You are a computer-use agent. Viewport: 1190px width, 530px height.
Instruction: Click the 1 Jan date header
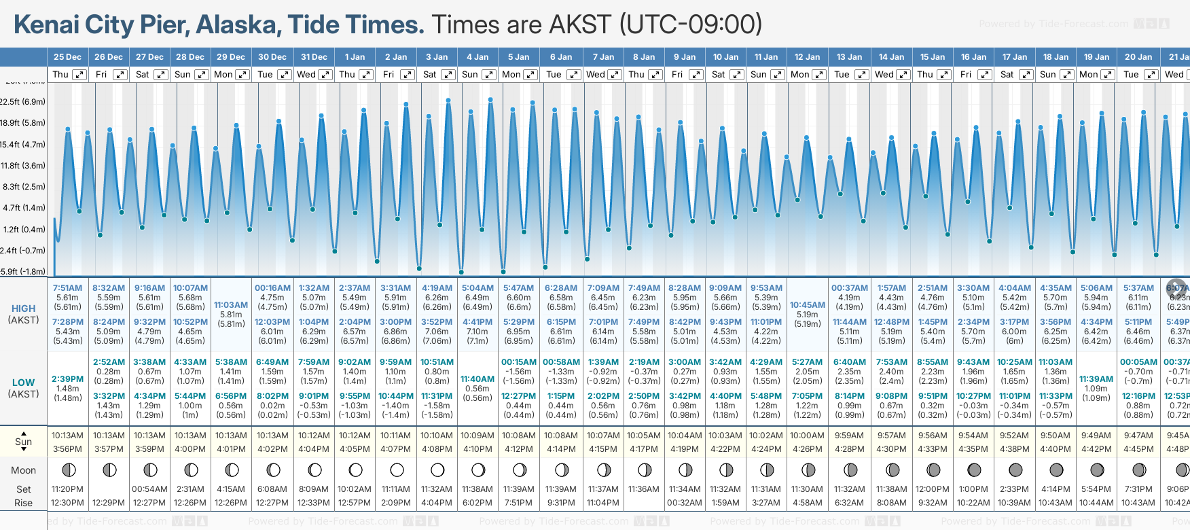coord(355,57)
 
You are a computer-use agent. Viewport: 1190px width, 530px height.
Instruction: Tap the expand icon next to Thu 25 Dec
coord(79,75)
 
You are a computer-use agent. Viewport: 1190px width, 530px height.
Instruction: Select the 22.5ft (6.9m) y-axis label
coord(23,102)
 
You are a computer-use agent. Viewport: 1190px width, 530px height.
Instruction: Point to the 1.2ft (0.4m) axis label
coord(24,229)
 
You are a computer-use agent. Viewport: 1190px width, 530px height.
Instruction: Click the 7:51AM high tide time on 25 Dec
coord(67,288)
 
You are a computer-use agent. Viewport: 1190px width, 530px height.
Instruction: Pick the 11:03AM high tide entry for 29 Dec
coord(231,305)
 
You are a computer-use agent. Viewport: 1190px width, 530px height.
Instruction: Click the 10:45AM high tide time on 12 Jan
coord(808,305)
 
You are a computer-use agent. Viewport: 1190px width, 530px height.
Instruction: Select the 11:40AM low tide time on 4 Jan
coord(477,379)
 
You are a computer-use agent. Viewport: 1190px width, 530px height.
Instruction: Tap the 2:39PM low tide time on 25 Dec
coord(67,379)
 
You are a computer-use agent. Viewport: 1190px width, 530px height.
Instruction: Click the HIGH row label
coord(23,308)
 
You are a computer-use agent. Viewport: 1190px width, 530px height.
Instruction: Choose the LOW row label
coord(23,383)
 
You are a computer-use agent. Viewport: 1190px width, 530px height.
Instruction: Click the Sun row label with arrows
coord(23,442)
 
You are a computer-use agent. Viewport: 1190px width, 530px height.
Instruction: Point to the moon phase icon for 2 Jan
coord(397,470)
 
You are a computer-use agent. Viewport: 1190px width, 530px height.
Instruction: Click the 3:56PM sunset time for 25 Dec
coord(67,449)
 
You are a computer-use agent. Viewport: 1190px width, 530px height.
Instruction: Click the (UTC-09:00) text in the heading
coord(691,24)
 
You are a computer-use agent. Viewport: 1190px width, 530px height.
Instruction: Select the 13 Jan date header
coord(849,57)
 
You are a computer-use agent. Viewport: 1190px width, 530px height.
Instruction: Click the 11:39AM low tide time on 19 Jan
coord(1096,379)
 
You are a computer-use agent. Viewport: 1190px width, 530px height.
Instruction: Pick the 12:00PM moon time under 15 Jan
coord(933,489)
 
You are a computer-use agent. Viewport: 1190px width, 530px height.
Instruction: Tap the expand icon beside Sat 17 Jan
coord(1026,75)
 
